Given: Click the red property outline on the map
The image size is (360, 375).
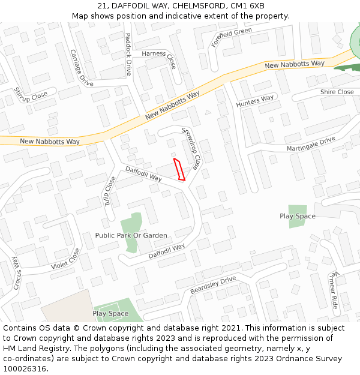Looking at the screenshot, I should [x=179, y=169].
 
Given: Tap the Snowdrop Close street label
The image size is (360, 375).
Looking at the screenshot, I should [x=192, y=147].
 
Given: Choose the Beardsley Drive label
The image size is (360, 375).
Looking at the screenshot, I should [x=213, y=285].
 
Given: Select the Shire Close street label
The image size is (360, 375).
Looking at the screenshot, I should [x=337, y=92].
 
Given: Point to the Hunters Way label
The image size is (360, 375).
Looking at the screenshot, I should [x=255, y=101].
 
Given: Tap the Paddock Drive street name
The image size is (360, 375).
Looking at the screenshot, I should [x=128, y=53].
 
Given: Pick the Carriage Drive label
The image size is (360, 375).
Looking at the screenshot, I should [x=81, y=68].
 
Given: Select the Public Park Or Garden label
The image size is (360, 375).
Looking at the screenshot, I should [x=131, y=235].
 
